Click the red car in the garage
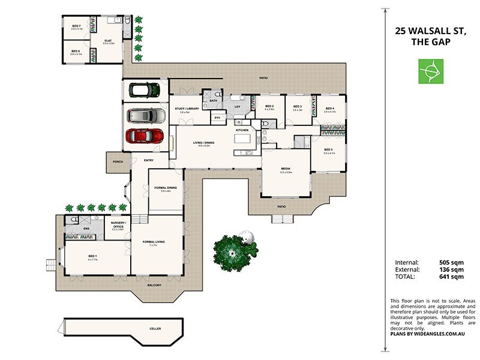(x=145, y=136)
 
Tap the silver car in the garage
(x=145, y=114)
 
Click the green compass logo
(x=431, y=71)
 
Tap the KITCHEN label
(x=242, y=130)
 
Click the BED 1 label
(x=92, y=257)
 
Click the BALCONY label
(x=154, y=285)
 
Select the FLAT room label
(x=108, y=41)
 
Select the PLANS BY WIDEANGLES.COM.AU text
(x=432, y=334)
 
